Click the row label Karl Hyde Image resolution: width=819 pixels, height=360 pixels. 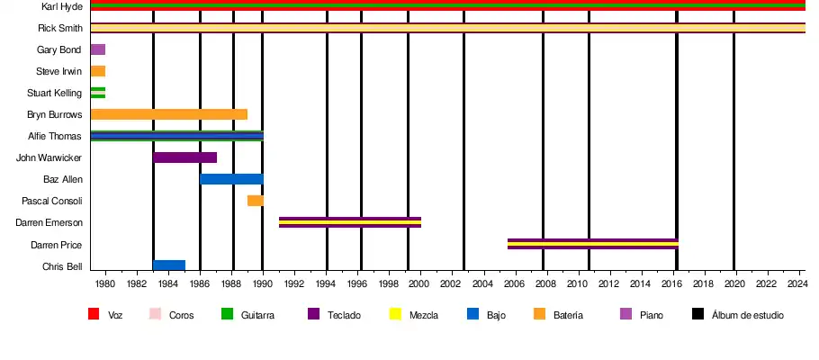coord(62,6)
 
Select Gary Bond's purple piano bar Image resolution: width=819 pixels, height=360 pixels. coord(98,49)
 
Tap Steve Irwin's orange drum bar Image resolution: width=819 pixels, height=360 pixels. coord(98,71)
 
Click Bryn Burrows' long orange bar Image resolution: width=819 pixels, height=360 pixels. coord(168,114)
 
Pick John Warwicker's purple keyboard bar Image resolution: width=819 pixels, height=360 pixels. coord(184,157)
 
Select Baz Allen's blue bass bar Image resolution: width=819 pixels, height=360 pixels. coord(231,179)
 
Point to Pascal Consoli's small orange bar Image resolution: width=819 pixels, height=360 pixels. coord(256,201)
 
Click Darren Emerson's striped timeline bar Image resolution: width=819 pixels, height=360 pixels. coord(350,222)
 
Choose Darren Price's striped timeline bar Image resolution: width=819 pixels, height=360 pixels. coord(592,244)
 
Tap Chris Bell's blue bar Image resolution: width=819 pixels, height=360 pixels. coord(169,265)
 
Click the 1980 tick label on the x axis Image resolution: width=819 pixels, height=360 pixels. coord(105,284)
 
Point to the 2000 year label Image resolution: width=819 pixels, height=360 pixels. coord(419,284)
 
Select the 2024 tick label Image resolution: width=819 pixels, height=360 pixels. coord(796,284)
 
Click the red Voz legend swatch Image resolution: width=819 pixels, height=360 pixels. coord(93,314)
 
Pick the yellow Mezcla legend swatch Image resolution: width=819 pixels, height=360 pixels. coord(394,314)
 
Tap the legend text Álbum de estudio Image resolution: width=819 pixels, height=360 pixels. coord(747,315)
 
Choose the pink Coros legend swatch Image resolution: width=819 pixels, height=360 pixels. coord(155,314)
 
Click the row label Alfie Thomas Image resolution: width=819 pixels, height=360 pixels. coord(56,137)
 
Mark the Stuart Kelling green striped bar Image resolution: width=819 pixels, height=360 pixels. coord(98,93)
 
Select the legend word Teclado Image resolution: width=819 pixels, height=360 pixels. coord(345,315)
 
